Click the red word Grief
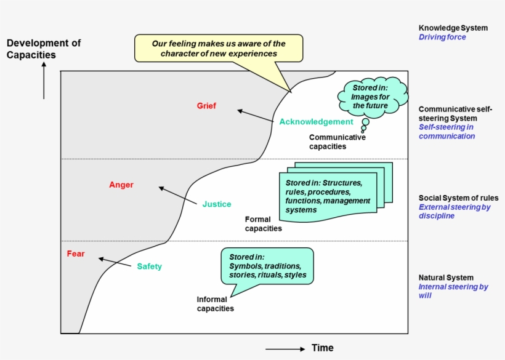[x=206, y=106]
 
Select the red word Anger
[x=121, y=185]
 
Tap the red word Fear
[x=76, y=254]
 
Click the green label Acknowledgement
[x=316, y=121]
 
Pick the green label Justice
[x=217, y=204]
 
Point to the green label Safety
[x=149, y=266]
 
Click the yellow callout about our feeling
[x=219, y=49]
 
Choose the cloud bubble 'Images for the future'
[x=371, y=97]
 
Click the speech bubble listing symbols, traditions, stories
[x=267, y=266]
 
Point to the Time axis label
[x=322, y=348]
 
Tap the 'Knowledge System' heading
[x=453, y=28]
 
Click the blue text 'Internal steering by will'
[x=453, y=291]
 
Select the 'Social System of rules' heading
[x=458, y=198]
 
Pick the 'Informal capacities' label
[x=215, y=304]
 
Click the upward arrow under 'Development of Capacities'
[x=44, y=81]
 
